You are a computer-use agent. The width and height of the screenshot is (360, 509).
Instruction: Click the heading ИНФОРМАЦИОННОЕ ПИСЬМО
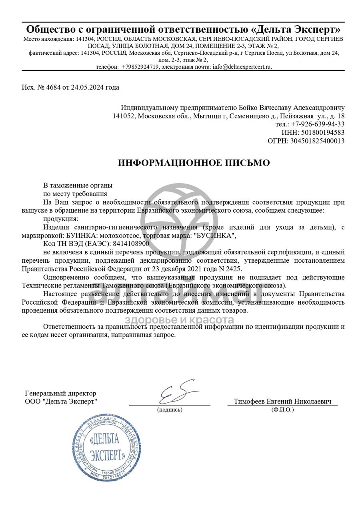(194, 163)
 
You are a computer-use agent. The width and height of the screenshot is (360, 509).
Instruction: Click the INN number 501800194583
(318, 132)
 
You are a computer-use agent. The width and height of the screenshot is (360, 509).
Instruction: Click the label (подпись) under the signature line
(170, 410)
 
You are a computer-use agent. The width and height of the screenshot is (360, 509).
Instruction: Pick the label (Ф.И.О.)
(282, 410)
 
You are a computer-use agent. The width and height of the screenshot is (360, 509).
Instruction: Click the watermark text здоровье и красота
(179, 319)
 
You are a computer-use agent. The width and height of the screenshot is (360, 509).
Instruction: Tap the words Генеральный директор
(60, 393)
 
